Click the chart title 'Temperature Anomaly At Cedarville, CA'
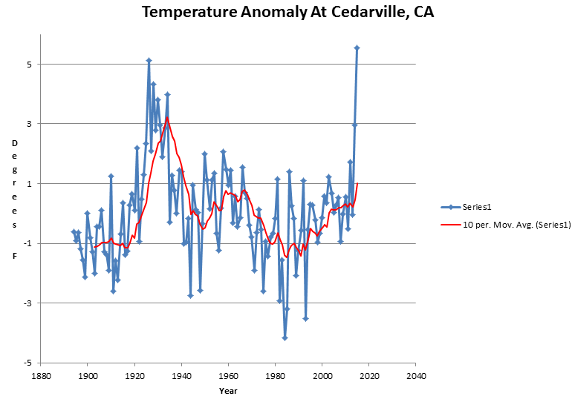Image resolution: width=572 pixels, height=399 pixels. click(x=286, y=13)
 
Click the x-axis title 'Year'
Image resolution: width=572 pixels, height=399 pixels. click(x=228, y=389)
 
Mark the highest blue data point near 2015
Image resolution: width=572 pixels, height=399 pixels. click(x=357, y=47)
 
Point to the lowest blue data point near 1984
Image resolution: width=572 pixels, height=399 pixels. click(x=285, y=337)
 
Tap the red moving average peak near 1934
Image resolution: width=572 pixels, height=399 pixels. click(x=168, y=117)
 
